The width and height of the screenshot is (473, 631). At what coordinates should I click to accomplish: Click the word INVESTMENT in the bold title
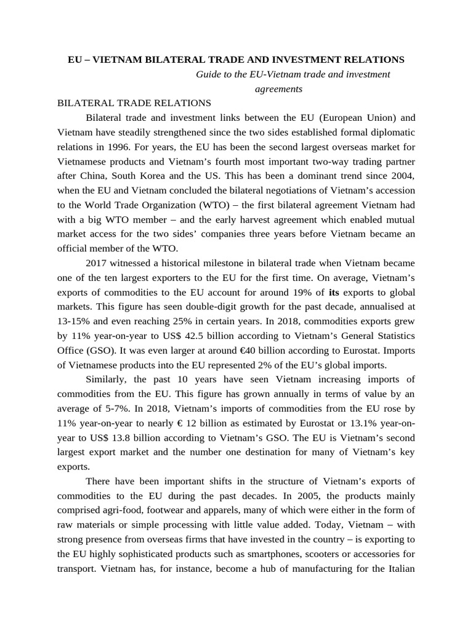pos(292,60)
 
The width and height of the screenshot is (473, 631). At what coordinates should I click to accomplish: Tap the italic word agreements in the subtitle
pos(278,89)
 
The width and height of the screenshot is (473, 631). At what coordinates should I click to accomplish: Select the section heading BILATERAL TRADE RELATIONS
pos(134,103)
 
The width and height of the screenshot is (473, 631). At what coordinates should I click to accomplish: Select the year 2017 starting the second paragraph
pos(98,263)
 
